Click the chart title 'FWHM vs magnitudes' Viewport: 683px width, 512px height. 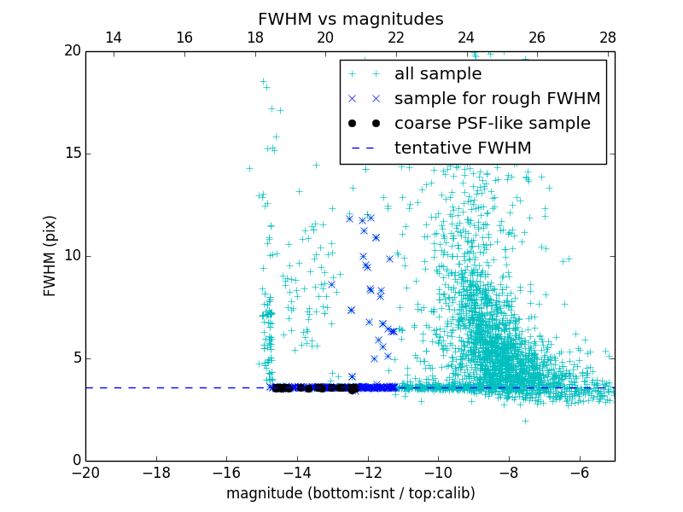[350, 19]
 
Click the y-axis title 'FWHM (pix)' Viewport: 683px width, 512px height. [50, 255]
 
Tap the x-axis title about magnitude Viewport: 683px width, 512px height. [350, 493]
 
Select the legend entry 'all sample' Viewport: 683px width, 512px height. [437, 74]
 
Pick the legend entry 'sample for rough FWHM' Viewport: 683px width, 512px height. [497, 99]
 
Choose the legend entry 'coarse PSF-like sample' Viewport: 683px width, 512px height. [492, 124]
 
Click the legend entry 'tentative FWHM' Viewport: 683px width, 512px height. [463, 148]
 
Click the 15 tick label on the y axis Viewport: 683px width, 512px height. [72, 154]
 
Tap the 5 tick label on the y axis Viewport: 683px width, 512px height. [76, 358]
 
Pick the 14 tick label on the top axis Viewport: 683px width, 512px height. [114, 38]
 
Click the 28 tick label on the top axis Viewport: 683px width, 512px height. [608, 38]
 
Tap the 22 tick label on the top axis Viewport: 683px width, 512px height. [396, 38]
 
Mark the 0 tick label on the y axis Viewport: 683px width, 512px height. [76, 461]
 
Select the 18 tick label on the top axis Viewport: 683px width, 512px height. [254, 38]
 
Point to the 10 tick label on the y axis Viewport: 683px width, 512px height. [72, 256]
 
